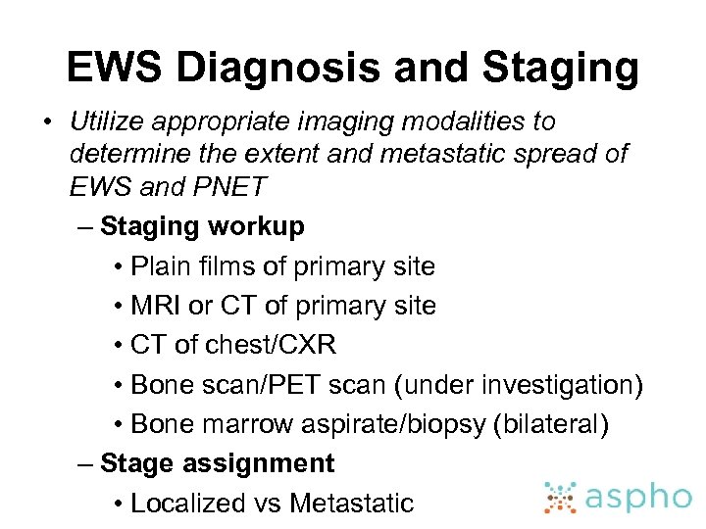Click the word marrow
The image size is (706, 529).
click(x=250, y=424)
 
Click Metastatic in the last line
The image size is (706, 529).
click(x=352, y=504)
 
